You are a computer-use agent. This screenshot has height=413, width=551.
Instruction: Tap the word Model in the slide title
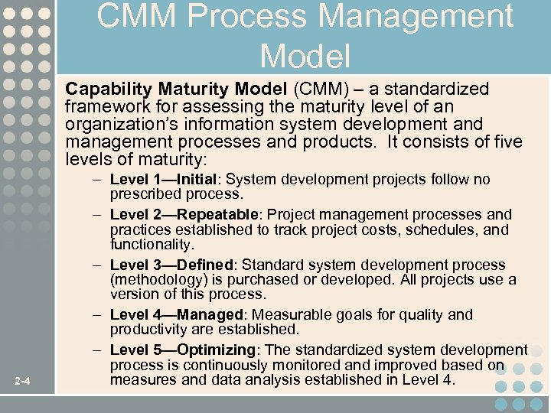point(305,56)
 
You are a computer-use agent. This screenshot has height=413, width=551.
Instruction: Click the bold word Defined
point(207,265)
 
